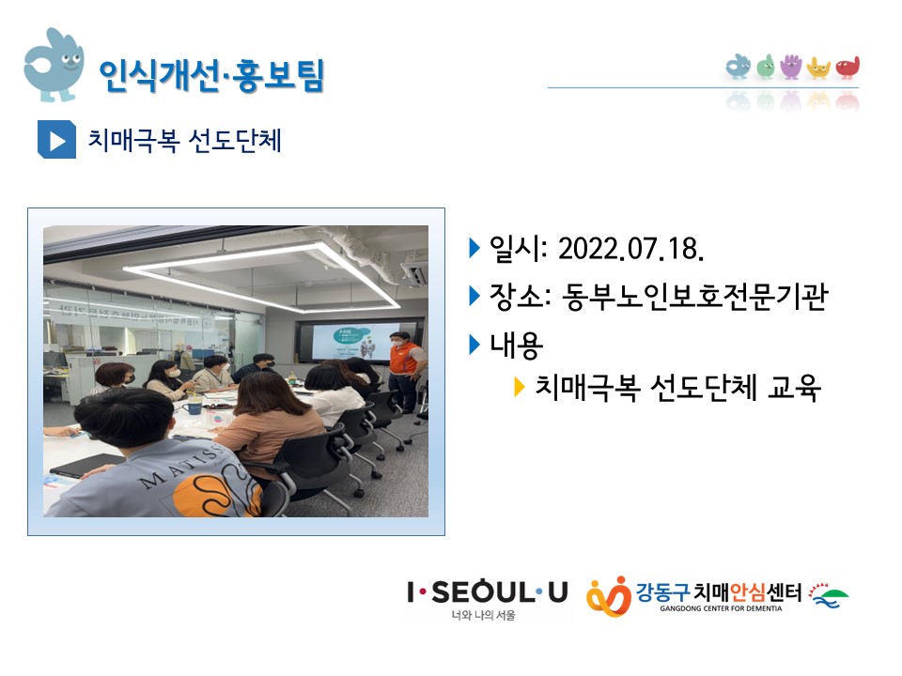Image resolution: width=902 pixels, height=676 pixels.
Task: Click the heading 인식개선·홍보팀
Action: (211, 75)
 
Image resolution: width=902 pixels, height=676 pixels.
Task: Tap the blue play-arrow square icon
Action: (56, 139)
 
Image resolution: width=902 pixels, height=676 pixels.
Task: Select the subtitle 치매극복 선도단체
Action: (184, 140)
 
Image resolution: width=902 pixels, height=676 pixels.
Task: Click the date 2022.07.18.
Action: (631, 249)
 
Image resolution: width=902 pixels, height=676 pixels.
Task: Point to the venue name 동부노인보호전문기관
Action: (693, 297)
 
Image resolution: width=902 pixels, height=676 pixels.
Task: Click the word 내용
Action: (516, 345)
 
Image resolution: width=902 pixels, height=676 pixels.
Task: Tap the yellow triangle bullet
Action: (519, 387)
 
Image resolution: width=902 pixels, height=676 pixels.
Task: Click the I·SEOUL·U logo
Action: (488, 592)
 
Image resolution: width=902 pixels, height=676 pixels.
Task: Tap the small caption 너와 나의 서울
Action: (483, 615)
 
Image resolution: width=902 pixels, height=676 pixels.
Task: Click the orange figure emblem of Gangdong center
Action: (609, 596)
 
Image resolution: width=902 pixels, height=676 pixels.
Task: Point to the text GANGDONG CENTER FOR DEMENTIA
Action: (721, 608)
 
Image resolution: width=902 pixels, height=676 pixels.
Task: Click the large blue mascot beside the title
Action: (54, 65)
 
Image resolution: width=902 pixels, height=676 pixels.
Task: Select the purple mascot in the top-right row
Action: (791, 67)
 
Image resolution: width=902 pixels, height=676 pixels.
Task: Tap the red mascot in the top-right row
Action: (848, 68)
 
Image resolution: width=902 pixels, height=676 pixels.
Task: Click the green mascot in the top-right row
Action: (766, 67)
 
